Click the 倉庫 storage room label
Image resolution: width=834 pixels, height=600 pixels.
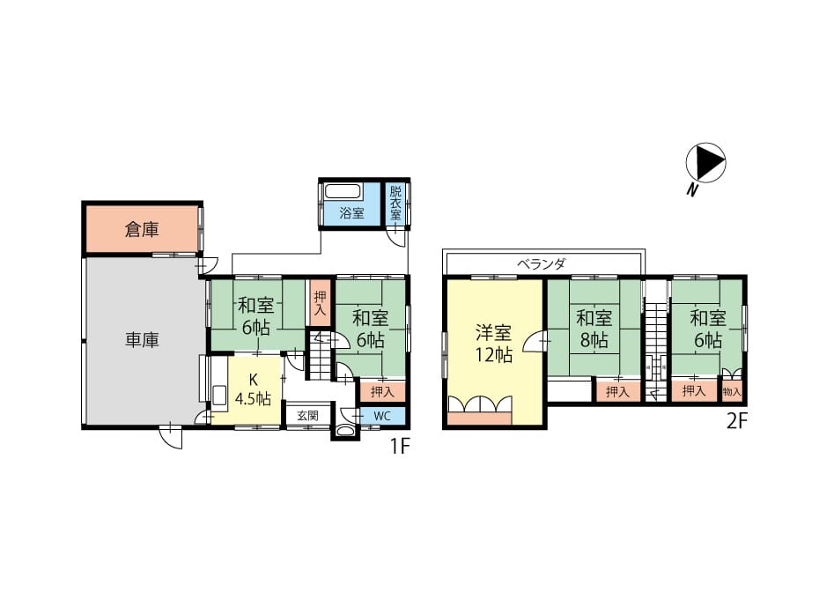(x=142, y=230)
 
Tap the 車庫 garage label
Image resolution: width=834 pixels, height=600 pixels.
(x=142, y=340)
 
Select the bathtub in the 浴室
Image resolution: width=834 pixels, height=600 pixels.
(x=343, y=192)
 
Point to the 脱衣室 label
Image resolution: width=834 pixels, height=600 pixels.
(x=395, y=203)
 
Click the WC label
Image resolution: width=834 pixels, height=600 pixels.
(x=382, y=416)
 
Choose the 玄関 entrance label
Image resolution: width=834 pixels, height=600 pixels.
(x=308, y=416)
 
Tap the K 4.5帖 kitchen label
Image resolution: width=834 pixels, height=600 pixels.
(x=253, y=389)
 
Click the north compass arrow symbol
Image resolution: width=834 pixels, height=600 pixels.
(x=705, y=162)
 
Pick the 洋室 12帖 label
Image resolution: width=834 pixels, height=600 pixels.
(x=493, y=344)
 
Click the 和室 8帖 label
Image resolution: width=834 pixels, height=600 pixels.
(x=594, y=329)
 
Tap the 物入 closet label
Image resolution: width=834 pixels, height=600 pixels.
(x=732, y=392)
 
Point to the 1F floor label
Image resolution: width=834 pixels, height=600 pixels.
(x=400, y=447)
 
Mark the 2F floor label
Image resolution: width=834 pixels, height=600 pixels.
(x=737, y=421)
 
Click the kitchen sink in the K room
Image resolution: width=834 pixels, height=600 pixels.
(x=219, y=397)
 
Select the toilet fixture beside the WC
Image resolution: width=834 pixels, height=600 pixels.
(x=345, y=432)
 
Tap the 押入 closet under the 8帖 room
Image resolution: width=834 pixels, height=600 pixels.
(x=617, y=391)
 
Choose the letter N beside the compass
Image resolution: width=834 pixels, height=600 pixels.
(x=691, y=189)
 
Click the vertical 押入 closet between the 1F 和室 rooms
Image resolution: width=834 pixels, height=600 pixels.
(x=321, y=304)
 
